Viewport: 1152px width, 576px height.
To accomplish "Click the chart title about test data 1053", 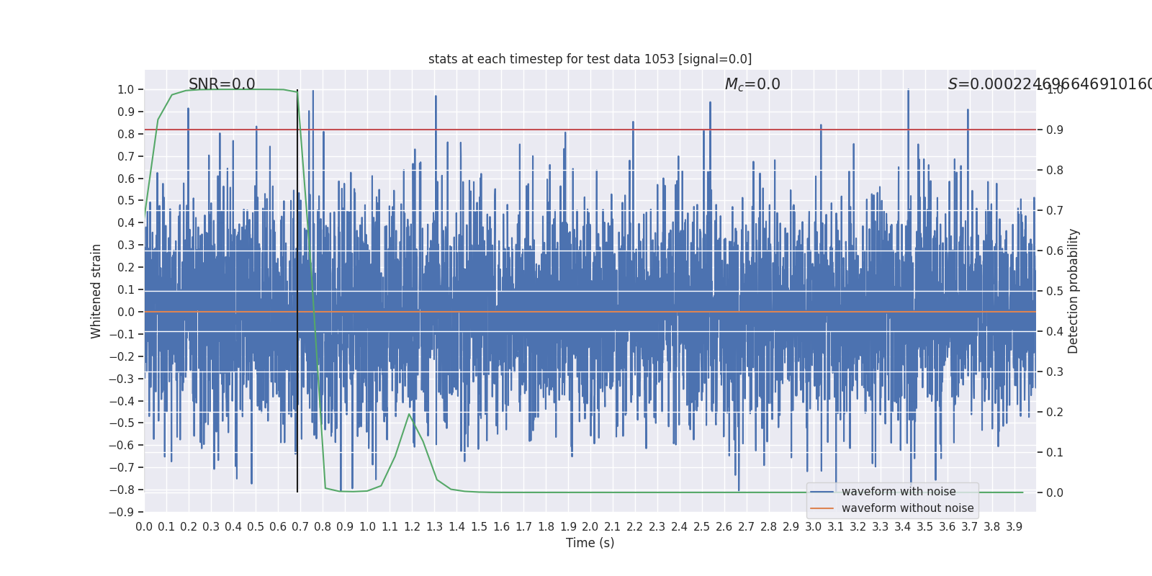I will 590,59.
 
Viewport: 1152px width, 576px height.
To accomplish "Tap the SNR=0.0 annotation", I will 222,84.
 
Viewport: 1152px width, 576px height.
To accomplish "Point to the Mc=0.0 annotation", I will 752,84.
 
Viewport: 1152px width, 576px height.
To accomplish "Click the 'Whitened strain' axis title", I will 96,291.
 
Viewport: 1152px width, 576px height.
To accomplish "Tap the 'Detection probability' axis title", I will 1074,291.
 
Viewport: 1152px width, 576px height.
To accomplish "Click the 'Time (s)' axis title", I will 590,543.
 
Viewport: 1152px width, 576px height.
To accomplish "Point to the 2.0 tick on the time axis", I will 590,527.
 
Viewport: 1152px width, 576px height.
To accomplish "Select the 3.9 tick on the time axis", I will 1014,527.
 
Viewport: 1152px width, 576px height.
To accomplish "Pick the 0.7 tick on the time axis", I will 300,527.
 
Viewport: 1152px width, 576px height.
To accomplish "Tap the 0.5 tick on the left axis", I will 126,201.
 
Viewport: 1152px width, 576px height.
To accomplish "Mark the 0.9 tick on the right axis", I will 1055,130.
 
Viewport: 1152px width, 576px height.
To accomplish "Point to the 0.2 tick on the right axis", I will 1055,413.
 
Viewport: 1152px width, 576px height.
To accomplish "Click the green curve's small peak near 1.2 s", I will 409,414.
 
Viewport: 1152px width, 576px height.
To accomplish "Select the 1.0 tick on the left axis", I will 126,90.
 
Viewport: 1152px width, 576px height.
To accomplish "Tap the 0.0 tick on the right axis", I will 1055,493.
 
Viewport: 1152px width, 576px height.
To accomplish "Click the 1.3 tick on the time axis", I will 434,527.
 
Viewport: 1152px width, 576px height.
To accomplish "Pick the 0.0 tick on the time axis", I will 144,527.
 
